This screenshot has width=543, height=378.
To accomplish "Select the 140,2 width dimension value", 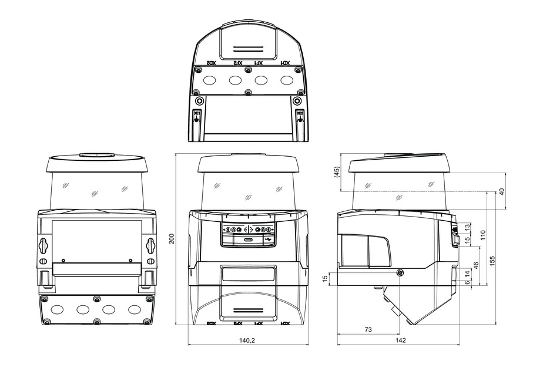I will pyautogui.click(x=247, y=340).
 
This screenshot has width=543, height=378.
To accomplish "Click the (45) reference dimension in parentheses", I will pyautogui.click(x=337, y=173).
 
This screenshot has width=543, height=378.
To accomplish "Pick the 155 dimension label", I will pyautogui.click(x=493, y=258).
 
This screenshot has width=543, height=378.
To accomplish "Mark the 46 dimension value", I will pyautogui.click(x=475, y=265).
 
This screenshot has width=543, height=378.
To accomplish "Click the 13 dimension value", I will pyautogui.click(x=467, y=227).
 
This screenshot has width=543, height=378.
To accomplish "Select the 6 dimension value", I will pyautogui.click(x=467, y=282).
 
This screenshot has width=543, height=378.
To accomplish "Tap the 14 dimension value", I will pyautogui.click(x=467, y=273).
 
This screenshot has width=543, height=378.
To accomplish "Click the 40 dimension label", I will pyautogui.click(x=501, y=191).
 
